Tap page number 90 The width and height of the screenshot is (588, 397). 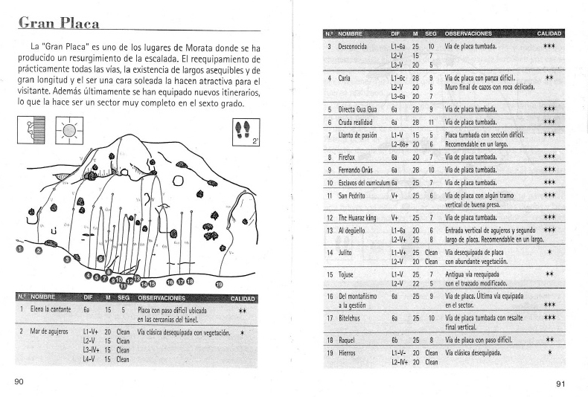click(19, 382)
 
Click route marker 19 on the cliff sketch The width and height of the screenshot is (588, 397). click(218, 283)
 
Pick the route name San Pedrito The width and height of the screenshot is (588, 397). click(355, 195)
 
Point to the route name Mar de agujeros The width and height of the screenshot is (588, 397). click(50, 332)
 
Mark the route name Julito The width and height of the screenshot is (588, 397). click(346, 252)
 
